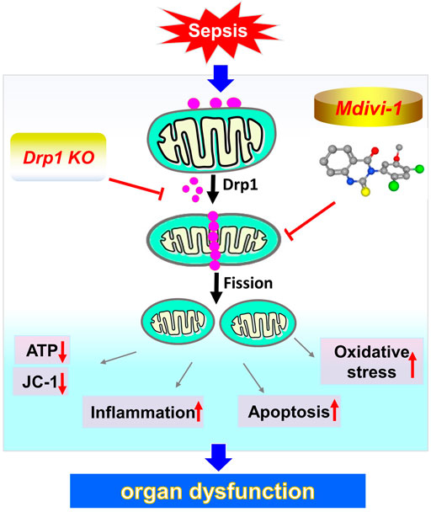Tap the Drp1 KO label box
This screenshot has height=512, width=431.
57,158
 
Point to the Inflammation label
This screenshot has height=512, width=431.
144,413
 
